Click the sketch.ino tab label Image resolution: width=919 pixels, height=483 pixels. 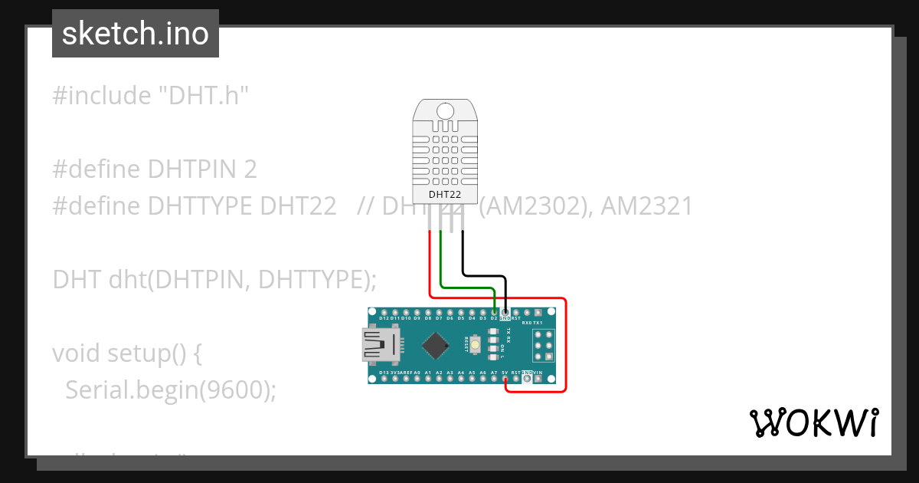[136, 34]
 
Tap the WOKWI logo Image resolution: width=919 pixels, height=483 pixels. [813, 422]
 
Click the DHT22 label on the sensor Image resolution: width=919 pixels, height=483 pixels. [444, 194]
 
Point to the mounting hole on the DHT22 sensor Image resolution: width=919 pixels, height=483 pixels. [444, 111]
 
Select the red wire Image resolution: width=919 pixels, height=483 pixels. [565, 345]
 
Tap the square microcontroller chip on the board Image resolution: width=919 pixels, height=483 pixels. [435, 345]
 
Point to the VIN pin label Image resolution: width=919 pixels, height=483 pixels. [538, 373]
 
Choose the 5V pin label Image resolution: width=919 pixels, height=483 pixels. [505, 373]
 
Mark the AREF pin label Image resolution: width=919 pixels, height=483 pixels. [407, 373]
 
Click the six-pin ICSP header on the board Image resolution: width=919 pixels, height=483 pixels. [544, 345]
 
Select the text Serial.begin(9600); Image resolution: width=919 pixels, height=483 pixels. [170, 390]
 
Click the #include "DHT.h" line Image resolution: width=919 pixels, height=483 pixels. [151, 96]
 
